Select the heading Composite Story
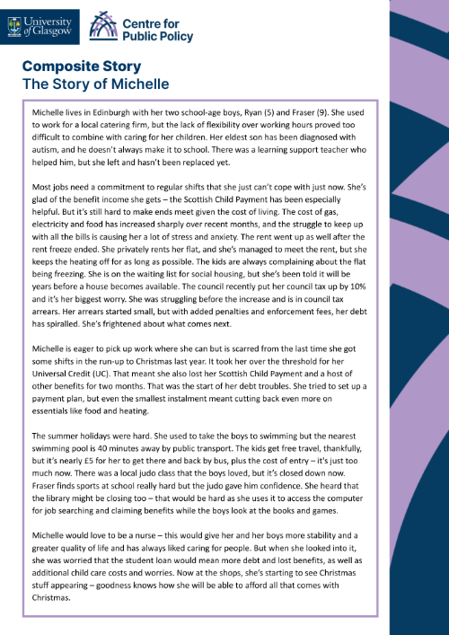81,66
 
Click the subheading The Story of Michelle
96,84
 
